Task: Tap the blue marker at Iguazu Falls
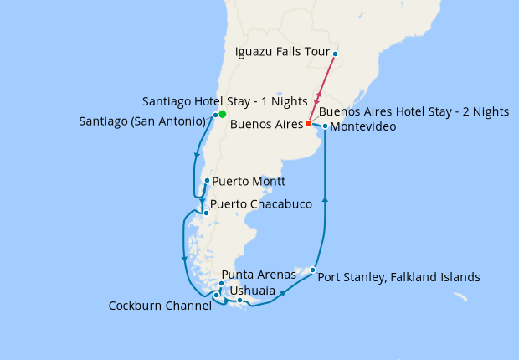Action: [x=335, y=54]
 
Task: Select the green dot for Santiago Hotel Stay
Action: [x=222, y=114]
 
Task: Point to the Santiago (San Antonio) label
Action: [x=143, y=121]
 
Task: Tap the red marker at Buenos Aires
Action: [x=308, y=123]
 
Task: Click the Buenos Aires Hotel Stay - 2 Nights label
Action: [x=414, y=111]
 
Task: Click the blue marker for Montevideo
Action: [x=325, y=126]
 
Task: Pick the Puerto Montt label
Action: [x=249, y=181]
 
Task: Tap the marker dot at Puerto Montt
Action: [x=207, y=180]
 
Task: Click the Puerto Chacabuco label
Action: [x=261, y=204]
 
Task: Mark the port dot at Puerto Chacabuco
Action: [x=206, y=213]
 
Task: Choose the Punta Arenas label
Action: [x=259, y=275]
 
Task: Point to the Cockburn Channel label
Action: [x=160, y=306]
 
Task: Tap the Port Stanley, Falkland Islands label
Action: [x=399, y=276]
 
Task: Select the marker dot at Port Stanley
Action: [x=312, y=270]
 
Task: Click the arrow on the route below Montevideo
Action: [x=325, y=199]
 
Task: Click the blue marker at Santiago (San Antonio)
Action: [x=215, y=115]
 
